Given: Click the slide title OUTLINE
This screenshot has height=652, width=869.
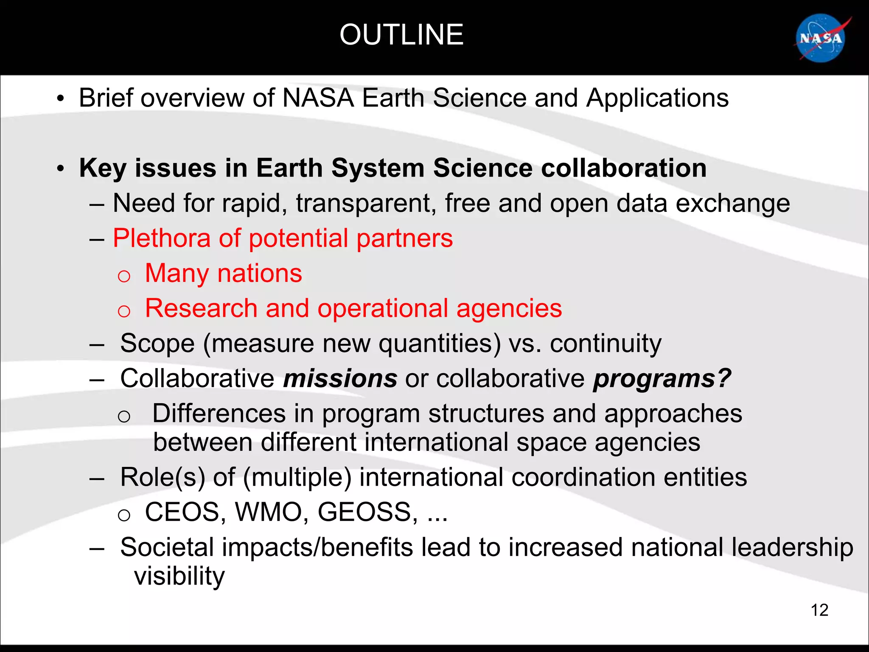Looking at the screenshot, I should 401,35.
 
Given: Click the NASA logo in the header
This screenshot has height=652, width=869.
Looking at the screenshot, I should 821,39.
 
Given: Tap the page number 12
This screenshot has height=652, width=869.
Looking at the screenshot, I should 819,610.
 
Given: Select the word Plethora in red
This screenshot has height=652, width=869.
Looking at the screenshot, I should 162,238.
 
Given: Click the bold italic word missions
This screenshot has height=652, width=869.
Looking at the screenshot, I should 340,378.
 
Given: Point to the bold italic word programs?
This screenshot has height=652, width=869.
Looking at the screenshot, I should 662,378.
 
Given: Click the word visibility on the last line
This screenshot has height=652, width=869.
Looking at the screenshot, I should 179,576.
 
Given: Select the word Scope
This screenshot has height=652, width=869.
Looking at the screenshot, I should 157,343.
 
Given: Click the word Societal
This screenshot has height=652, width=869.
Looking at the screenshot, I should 167,547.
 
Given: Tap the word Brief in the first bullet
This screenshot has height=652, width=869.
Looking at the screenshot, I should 106,98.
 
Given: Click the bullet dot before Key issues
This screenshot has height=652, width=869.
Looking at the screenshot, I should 61,169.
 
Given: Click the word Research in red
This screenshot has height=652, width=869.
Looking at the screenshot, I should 201,308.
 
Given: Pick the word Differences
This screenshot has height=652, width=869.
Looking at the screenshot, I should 219,413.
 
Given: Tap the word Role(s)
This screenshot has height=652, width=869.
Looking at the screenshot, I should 163,477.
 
